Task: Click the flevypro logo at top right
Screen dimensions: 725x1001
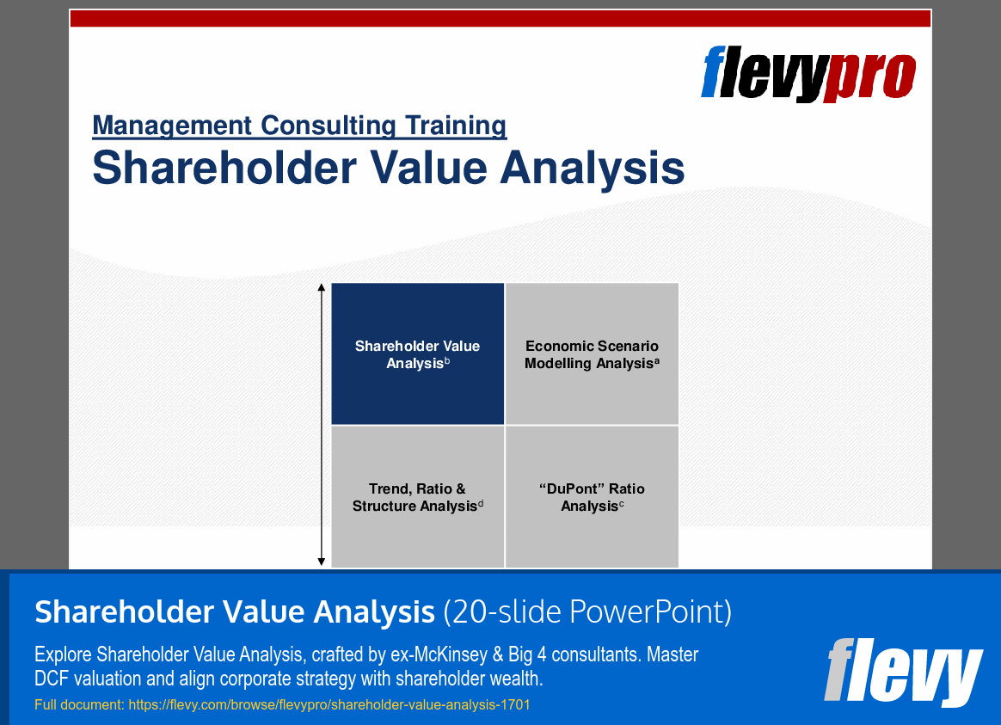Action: pos(808,74)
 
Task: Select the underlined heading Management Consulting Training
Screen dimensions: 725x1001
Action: pos(299,126)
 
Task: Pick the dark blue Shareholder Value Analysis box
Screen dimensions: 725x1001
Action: pos(418,353)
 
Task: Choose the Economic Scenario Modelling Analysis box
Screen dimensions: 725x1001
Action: pos(592,353)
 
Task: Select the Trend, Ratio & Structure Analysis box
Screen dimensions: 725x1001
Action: pos(418,496)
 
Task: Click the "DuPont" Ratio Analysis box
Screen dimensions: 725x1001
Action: pos(592,496)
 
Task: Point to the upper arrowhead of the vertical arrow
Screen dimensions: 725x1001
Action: pos(322,287)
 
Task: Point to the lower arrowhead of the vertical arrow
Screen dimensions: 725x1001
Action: pos(322,562)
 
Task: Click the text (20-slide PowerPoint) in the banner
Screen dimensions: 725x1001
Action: pos(586,612)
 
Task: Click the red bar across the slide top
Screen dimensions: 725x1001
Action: pos(501,19)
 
